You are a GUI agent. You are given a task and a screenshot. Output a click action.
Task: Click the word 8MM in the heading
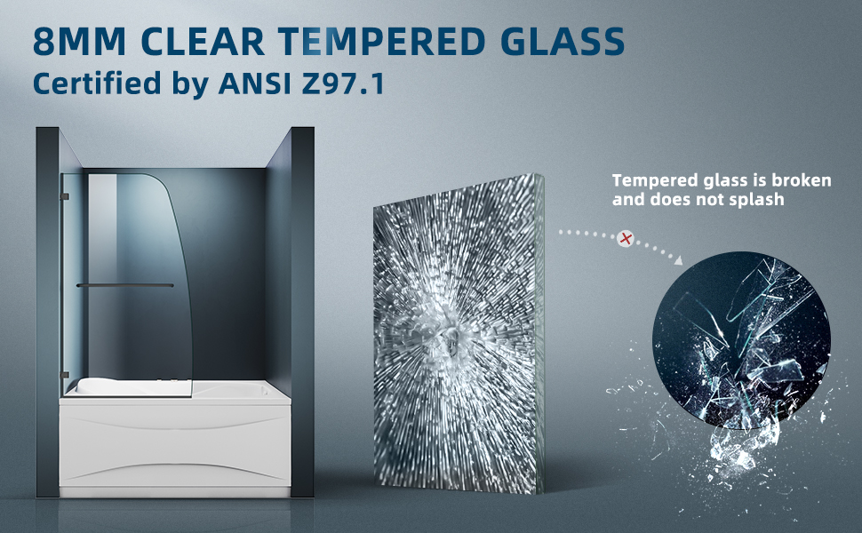(80, 41)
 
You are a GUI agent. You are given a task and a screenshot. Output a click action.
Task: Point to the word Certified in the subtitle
(97, 84)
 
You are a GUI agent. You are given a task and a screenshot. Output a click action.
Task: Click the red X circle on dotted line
(625, 238)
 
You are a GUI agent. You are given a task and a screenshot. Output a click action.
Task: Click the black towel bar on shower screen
(124, 285)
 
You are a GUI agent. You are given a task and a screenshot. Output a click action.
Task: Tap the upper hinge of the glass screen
(65, 196)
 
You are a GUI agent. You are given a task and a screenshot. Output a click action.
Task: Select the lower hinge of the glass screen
(65, 375)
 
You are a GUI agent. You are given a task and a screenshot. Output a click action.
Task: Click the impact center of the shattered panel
(451, 341)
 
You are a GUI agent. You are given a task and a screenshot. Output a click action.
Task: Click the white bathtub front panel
(175, 445)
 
